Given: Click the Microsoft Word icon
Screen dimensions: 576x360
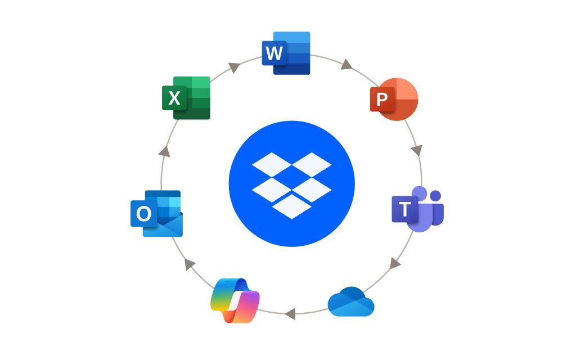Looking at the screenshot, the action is tap(286, 53).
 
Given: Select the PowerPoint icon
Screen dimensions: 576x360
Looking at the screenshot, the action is tap(394, 99).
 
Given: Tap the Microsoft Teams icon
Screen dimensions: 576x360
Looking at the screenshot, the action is tap(418, 209).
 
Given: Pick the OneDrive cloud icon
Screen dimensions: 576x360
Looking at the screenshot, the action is tap(351, 301).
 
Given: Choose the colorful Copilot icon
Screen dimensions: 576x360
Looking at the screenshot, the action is tap(235, 301).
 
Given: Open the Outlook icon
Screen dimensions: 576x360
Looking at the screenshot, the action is tap(157, 213).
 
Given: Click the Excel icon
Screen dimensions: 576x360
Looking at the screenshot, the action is tap(186, 98).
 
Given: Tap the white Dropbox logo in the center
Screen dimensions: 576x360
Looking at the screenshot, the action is tap(292, 186).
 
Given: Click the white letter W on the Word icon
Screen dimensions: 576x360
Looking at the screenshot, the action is tap(274, 53).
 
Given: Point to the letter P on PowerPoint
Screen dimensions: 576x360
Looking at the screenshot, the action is tap(382, 99).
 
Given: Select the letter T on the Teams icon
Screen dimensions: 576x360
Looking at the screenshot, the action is tap(404, 209).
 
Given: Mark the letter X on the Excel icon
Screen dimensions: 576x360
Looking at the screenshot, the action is tap(174, 98).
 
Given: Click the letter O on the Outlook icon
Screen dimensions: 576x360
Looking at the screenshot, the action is tap(143, 213).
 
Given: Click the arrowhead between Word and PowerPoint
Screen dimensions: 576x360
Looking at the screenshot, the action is tap(346, 65).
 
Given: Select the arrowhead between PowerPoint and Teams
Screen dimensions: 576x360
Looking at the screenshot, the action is tap(417, 150).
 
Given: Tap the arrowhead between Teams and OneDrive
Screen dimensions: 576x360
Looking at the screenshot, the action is tap(394, 263).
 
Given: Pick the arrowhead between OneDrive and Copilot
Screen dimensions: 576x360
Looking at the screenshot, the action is tap(290, 314).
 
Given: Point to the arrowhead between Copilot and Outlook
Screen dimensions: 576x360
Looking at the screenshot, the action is tap(189, 264).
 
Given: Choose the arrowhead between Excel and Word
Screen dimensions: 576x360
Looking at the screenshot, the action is tap(234, 67).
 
